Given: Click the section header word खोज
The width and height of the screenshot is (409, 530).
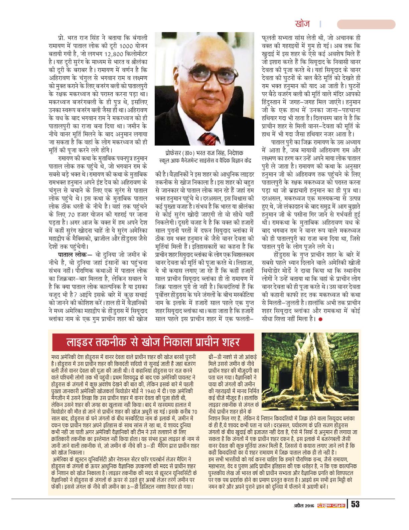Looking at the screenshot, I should pos(302,24).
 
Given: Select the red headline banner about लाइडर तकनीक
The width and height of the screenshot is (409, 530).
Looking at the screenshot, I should pos(152,343).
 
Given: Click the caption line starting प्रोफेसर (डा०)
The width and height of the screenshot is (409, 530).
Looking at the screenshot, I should pos(205,154).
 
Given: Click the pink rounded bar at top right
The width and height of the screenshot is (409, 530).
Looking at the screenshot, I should pos(366,24).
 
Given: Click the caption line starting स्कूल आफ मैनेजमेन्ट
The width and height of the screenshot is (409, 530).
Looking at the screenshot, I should pos(205,161).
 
